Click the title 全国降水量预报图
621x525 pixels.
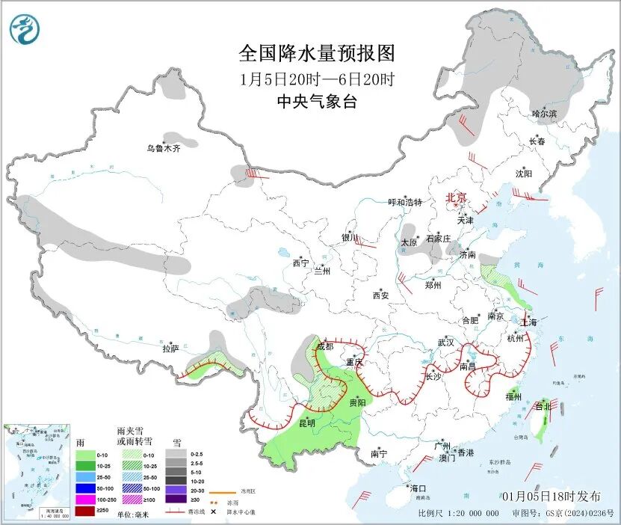(x=316, y=54)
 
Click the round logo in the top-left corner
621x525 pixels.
(x=25, y=29)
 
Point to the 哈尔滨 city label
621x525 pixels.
(x=544, y=114)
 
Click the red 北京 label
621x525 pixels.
(x=456, y=197)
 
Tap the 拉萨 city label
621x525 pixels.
(x=170, y=348)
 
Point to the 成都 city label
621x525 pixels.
(x=325, y=346)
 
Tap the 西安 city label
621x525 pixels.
(x=380, y=295)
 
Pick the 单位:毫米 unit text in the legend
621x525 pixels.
(x=136, y=515)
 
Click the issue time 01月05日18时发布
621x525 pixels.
(x=551, y=497)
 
